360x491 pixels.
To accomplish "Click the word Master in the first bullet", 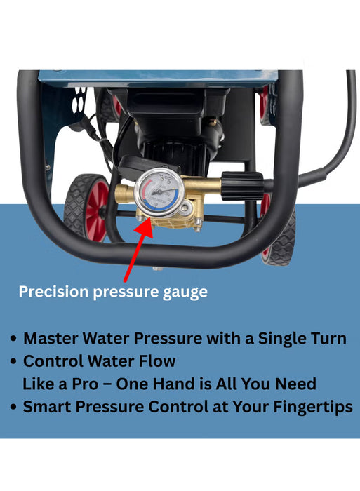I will click(49, 339).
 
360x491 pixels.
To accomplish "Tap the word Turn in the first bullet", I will click(328, 339).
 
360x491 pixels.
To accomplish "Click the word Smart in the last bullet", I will click(46, 408).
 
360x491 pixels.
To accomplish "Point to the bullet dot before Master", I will click(13, 339).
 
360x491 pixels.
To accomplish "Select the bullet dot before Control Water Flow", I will click(13, 363).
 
